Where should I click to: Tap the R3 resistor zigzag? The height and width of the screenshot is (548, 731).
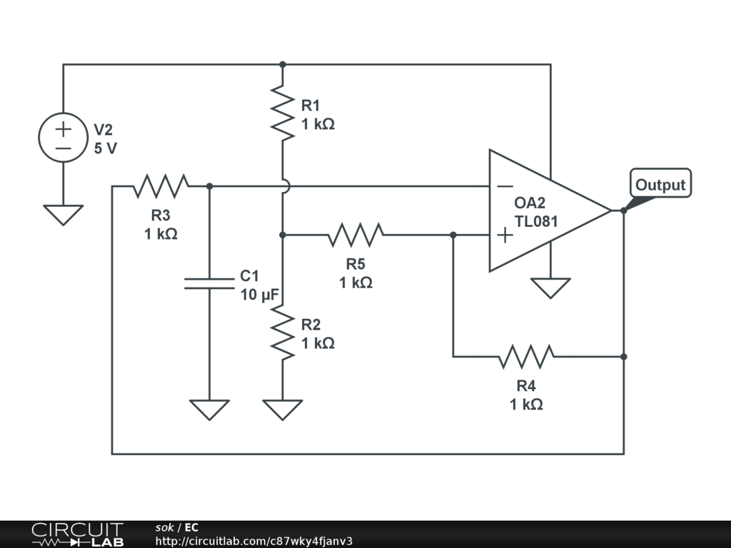click(161, 186)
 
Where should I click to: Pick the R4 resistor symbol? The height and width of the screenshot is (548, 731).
click(527, 356)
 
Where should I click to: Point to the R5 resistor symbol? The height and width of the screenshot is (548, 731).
click(356, 234)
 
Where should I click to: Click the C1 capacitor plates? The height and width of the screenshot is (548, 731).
click(209, 283)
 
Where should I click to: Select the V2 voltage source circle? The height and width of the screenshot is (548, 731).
click(64, 138)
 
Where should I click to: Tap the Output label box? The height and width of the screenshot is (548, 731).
click(660, 185)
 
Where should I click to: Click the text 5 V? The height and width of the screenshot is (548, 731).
click(106, 149)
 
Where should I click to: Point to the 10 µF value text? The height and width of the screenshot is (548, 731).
click(259, 295)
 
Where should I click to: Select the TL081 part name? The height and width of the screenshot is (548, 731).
click(536, 221)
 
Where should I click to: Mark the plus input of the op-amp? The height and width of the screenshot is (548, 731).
click(505, 235)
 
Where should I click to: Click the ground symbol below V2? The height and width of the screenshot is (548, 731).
click(64, 214)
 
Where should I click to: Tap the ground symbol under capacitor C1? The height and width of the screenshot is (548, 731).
click(209, 409)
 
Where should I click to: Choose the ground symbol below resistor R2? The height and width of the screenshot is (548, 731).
click(283, 409)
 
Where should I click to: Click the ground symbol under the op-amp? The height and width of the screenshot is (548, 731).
click(550, 288)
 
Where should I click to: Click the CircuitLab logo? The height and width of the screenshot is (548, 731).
click(77, 534)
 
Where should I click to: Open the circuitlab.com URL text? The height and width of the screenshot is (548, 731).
click(253, 541)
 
